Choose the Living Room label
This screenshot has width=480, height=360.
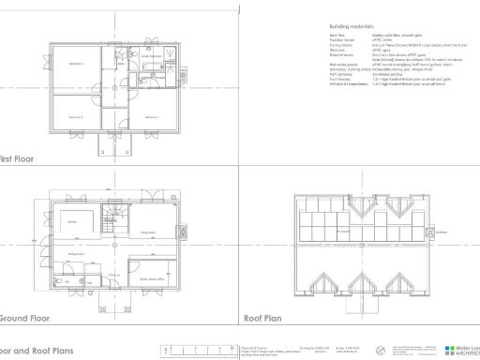[148, 232]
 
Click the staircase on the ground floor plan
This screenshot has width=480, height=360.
[110, 222]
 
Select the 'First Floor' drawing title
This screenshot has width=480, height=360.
[18, 158]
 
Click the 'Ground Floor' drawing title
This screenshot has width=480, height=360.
[23, 318]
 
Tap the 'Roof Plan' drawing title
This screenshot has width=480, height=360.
[265, 318]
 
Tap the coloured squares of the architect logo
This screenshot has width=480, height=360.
[450, 350]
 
